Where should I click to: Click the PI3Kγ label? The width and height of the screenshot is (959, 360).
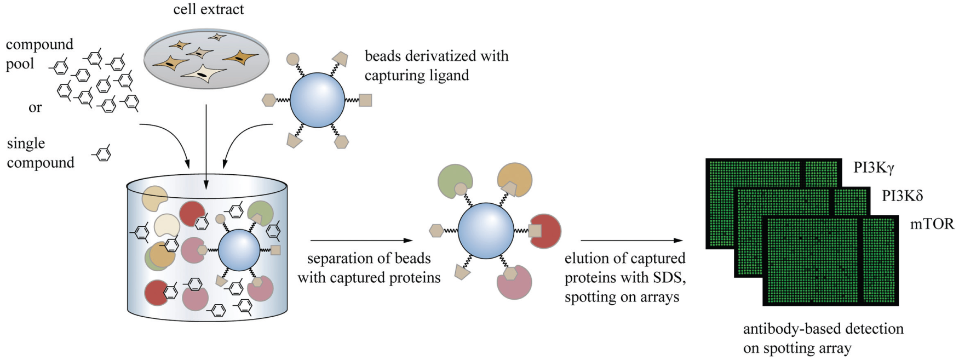coord(874,168)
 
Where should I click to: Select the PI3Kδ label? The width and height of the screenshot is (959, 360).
coord(902,196)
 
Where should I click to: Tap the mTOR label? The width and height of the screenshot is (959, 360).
coord(932,224)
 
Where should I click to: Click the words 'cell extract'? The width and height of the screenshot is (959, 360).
coord(208,9)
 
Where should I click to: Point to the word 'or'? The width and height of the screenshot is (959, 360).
coord(35,108)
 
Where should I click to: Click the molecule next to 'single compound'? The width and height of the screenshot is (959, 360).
coord(102,154)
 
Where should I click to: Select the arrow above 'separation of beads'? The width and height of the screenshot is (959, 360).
coord(361,240)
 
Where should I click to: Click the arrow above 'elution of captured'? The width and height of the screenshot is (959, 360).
coord(631,240)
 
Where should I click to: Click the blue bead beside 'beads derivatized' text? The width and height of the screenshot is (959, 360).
coord(317,100)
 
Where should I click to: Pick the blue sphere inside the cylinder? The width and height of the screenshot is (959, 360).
coord(239,250)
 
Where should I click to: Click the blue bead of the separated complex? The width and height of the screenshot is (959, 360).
coord(485,231)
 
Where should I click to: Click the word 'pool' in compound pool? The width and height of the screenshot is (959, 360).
coord(20,64)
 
